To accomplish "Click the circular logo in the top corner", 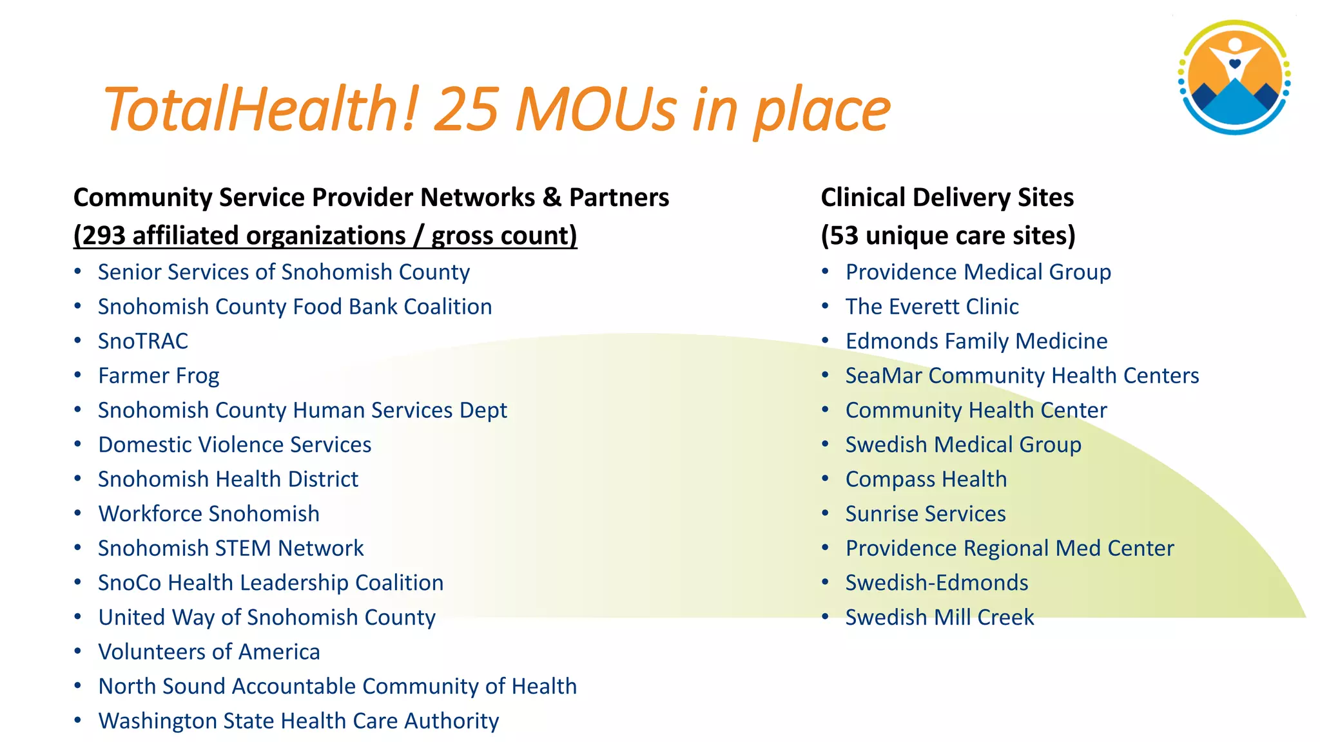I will [1234, 77].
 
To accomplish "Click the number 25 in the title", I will [467, 109].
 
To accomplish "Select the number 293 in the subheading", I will [104, 236].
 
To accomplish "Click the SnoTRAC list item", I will [143, 341].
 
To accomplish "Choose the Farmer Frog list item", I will [159, 376].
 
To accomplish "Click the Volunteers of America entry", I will [209, 652].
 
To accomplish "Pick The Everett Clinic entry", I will [932, 307].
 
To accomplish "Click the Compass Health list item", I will [926, 479].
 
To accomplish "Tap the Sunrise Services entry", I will [926, 514].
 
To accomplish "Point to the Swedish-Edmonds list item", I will [937, 583].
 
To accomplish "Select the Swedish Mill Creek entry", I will [940, 618].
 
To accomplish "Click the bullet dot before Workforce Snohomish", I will [77, 513].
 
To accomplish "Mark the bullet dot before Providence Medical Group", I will [825, 271].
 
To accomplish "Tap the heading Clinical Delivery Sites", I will [947, 198].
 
